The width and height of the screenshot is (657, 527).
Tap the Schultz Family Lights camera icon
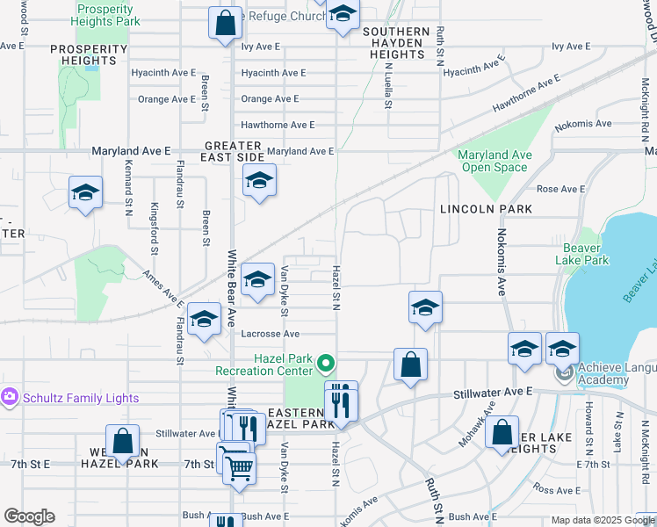click(x=10, y=398)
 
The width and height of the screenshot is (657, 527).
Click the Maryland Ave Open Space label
click(x=495, y=161)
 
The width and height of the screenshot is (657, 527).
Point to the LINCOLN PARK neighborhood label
click(x=486, y=209)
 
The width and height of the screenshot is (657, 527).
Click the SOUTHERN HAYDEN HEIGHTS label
click(x=396, y=43)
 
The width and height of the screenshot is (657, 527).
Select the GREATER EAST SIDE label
click(x=234, y=150)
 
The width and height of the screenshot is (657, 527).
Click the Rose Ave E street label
click(x=560, y=189)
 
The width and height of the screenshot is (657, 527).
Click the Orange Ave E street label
click(x=271, y=99)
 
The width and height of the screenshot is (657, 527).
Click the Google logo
click(x=29, y=516)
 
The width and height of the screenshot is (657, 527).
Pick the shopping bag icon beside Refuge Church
click(x=225, y=23)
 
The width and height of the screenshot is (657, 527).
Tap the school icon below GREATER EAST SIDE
click(x=258, y=182)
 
